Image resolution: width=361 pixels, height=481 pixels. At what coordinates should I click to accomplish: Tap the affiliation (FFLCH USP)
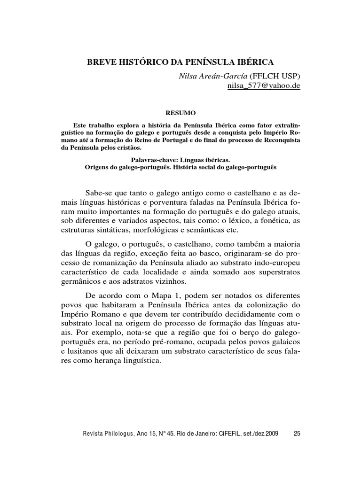[275, 76]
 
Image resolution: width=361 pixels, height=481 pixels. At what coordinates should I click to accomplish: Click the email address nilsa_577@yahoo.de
[264, 86]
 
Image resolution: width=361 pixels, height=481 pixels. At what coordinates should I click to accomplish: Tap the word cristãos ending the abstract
[120, 148]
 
